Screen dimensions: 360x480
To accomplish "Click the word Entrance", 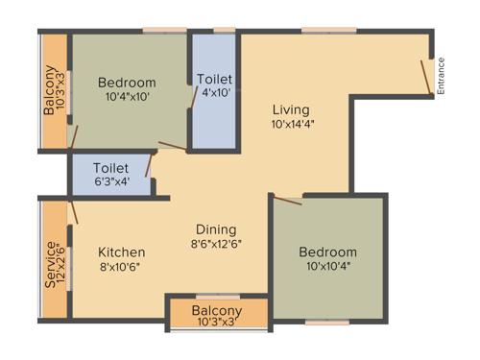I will coord(443,76).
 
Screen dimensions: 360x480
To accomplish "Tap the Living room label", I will coord(289,108).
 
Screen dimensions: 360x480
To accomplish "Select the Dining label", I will coord(217,228).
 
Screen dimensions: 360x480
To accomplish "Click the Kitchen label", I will coord(122,252).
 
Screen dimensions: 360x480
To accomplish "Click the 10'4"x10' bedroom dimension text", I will coord(127,96).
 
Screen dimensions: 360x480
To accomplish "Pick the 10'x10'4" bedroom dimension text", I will coord(326,266).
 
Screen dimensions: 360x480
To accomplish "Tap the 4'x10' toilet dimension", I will coord(213,93).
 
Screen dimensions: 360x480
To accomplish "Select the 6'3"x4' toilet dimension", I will coord(108,180).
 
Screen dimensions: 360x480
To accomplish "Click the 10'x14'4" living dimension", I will coord(294,124).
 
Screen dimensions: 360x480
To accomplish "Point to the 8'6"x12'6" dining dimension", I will coord(217,243).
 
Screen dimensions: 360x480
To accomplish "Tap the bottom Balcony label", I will coord(217,311).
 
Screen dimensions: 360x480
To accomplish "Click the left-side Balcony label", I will coord(49,91).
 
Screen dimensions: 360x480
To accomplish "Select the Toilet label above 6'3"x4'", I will coord(108,165).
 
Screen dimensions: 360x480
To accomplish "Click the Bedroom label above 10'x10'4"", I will coord(326,252).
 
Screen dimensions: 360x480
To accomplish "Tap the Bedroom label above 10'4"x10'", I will coord(127,82).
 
